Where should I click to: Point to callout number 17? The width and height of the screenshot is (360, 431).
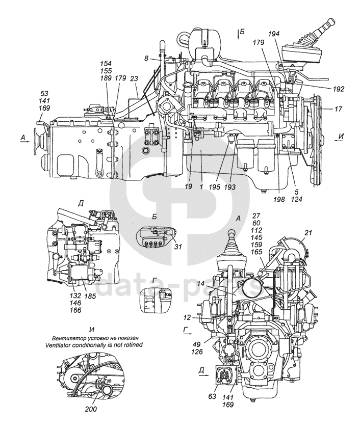[x=339, y=109]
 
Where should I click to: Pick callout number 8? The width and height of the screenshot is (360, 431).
[x=146, y=60]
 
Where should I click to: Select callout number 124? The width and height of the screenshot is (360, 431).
[x=297, y=200]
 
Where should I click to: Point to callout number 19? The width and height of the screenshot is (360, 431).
[x=188, y=187]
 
